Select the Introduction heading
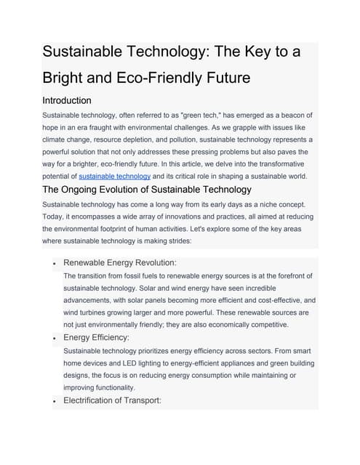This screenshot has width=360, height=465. pos(67,100)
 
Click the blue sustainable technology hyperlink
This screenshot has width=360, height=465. pos(115,176)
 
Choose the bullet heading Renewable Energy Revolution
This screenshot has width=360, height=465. pos(120,262)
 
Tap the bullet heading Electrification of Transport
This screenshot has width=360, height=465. pos(112,400)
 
